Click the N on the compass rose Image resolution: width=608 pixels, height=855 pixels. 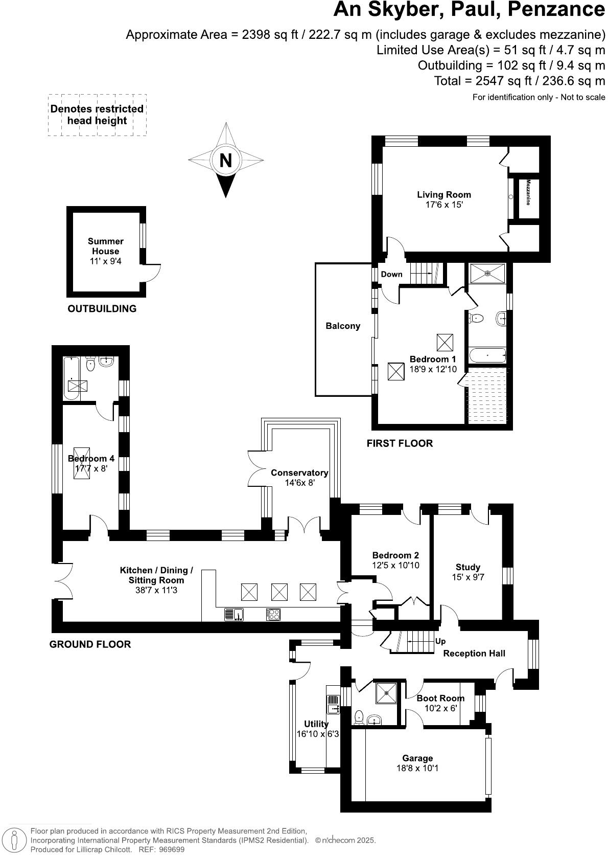point(225,161)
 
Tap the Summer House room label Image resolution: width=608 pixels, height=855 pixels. point(105,246)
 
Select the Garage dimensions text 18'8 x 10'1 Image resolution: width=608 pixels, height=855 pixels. point(417,768)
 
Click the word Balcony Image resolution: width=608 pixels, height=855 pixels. point(343,326)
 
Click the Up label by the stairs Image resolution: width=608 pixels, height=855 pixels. point(440,641)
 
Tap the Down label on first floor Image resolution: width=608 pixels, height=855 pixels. point(391,274)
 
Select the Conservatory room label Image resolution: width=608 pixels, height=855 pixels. point(299,472)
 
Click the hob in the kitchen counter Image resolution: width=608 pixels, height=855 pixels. point(273,614)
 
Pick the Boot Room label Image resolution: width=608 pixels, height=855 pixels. point(440,698)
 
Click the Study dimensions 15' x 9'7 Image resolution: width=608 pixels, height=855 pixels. point(468,577)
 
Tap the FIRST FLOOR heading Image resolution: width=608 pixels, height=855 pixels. point(400,443)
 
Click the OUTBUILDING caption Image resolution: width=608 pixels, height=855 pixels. point(102,308)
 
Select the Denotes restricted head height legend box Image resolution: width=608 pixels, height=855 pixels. point(97,115)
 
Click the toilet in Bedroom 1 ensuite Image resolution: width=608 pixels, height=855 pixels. point(477,318)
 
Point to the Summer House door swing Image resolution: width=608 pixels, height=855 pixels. point(152,273)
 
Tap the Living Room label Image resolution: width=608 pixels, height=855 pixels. point(444,194)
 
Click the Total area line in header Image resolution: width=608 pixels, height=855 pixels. point(519,81)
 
